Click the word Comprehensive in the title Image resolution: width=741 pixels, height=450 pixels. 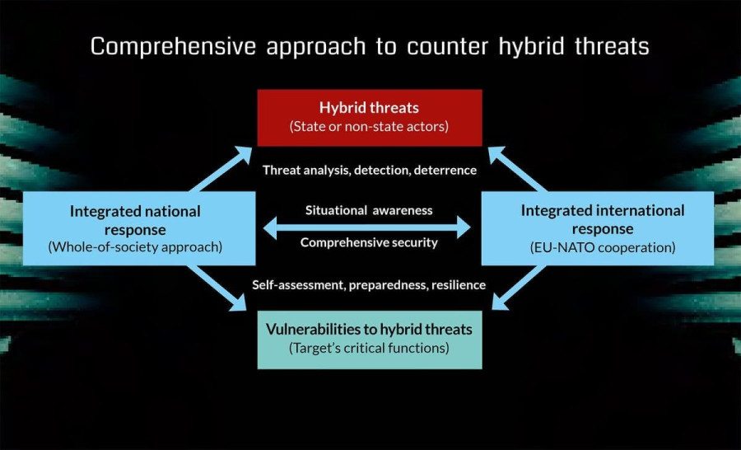tap(173, 47)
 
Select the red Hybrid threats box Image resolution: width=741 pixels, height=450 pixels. tap(370, 117)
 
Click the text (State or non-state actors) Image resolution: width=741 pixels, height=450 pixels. tap(369, 126)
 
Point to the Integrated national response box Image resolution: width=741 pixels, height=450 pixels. tap(139, 228)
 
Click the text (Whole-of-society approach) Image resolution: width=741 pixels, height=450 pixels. tap(135, 247)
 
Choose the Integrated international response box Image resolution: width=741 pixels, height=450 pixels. tap(598, 228)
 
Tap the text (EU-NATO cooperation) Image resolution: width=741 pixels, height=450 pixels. tap(603, 247)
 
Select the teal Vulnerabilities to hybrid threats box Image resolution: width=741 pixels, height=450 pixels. tap(370, 340)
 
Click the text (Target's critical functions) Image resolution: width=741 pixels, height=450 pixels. tap(369, 349)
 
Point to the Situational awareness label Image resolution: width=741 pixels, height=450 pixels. tap(369, 210)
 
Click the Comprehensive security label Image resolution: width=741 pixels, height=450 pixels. tap(369, 242)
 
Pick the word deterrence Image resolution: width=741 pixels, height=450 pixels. tap(445, 170)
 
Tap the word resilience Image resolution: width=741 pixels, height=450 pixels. tap(459, 285)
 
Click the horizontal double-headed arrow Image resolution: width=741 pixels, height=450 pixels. tap(366, 227)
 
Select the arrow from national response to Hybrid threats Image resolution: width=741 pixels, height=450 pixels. tap(220, 169)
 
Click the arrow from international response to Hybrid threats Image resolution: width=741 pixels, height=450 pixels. tap(518, 169)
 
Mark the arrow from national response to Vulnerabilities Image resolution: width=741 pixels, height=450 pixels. tap(217, 288)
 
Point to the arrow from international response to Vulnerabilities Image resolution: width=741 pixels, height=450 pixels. tap(520, 288)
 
